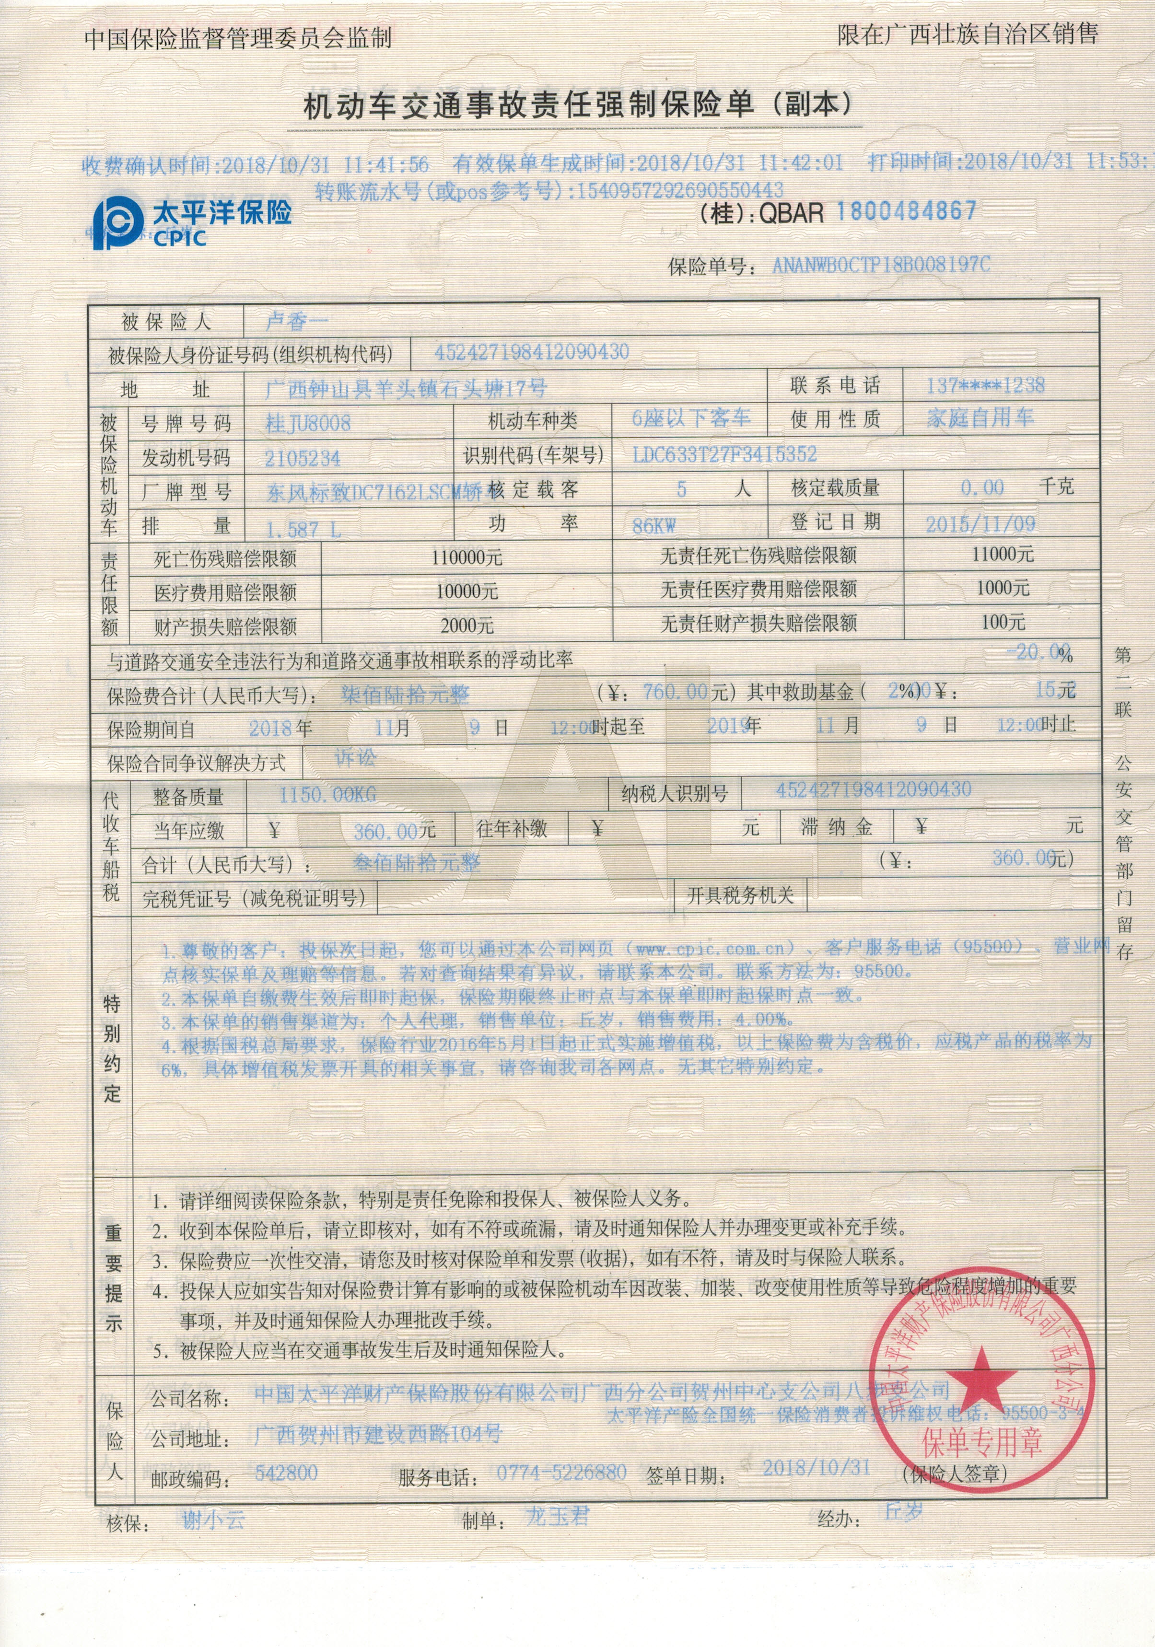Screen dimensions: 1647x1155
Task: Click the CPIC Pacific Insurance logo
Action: pyautogui.click(x=192, y=223)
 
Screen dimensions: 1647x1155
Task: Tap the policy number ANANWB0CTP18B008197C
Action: pyautogui.click(x=881, y=266)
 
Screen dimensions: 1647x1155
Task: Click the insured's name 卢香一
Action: pyautogui.click(x=295, y=321)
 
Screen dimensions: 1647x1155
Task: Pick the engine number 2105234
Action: pyautogui.click(x=303, y=458)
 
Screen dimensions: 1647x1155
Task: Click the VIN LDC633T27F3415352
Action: pyautogui.click(x=724, y=454)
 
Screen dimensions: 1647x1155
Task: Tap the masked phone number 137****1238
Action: pyautogui.click(x=985, y=386)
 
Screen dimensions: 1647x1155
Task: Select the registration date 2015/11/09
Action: pyautogui.click(x=980, y=523)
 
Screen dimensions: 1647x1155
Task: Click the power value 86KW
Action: pyautogui.click(x=653, y=526)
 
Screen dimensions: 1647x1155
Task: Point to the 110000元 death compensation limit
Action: pyautogui.click(x=467, y=557)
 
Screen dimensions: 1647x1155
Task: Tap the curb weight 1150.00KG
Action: pyautogui.click(x=327, y=794)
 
